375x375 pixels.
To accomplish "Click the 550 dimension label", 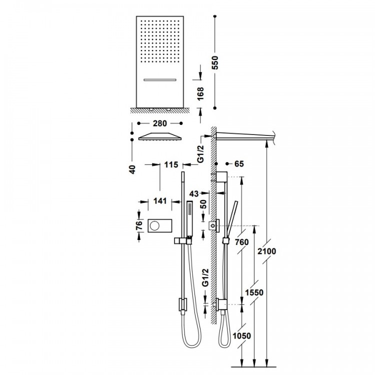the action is (215, 62).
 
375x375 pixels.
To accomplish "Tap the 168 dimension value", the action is (200, 93).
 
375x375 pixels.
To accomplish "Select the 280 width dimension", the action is (160, 123).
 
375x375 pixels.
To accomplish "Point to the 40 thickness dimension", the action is (132, 169).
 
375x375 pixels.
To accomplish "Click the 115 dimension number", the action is (171, 165).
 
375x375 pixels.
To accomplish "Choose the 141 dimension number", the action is (160, 201).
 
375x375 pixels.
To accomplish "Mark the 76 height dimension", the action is (139, 225).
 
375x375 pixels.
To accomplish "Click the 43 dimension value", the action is (194, 193).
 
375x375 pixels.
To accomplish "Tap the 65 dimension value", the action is (239, 164).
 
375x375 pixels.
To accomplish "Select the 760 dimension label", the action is (242, 242).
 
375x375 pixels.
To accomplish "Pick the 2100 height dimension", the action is (266, 251).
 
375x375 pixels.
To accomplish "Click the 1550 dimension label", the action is (254, 292).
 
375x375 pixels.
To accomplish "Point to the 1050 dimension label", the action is (242, 336).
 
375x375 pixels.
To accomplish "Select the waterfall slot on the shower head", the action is (160, 79).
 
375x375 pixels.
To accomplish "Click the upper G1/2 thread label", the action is (201, 154).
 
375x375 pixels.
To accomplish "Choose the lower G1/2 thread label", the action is (205, 277).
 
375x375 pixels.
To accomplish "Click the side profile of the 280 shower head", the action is (160, 136).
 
